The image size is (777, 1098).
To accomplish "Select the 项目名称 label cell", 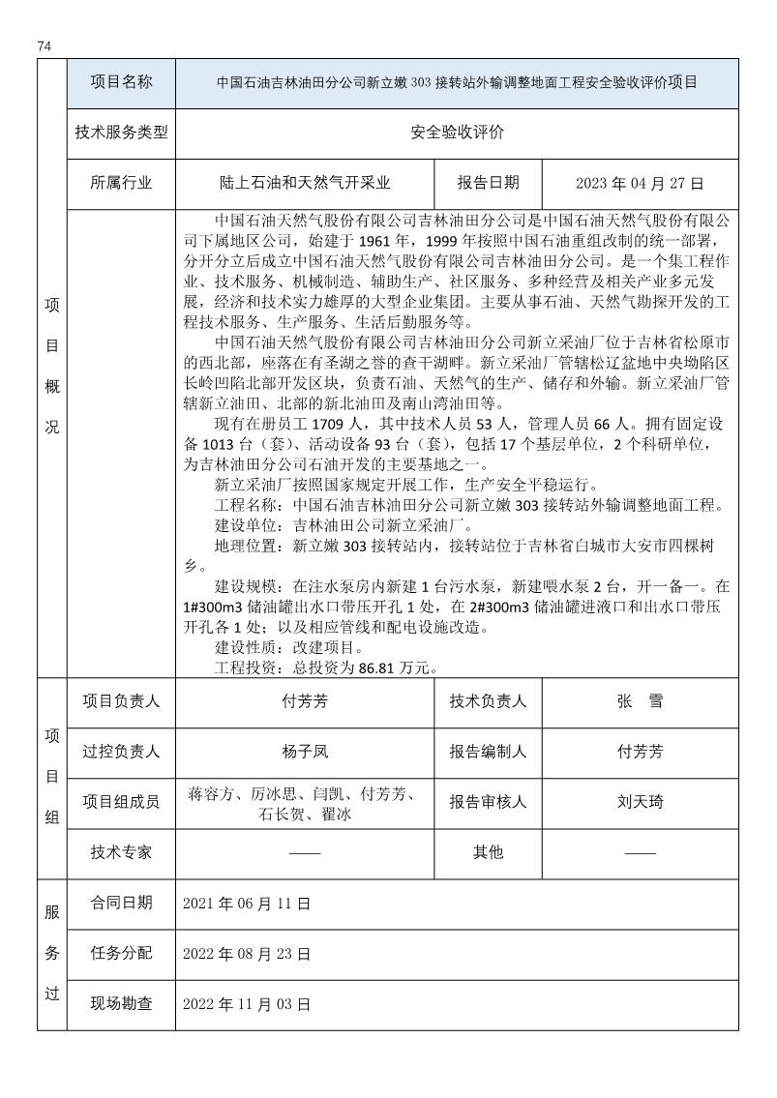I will click(x=121, y=82).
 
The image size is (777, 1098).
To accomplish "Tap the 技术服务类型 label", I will click(x=121, y=133).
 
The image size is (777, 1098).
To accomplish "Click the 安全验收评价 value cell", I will click(x=457, y=133).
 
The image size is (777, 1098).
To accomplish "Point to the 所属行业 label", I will click(x=121, y=183).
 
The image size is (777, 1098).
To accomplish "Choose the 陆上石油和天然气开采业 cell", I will click(x=306, y=183).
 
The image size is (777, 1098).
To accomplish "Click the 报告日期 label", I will click(x=488, y=183).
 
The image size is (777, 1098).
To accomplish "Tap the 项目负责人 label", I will click(x=121, y=702).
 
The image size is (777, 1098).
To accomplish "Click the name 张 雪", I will click(x=640, y=702).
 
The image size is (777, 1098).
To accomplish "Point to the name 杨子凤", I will click(x=306, y=752).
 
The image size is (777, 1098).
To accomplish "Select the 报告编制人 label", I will click(x=488, y=752).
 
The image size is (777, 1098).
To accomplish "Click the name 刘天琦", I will click(x=640, y=802).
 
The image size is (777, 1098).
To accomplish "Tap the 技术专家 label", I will click(x=121, y=852).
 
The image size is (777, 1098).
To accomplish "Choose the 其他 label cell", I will click(x=488, y=852).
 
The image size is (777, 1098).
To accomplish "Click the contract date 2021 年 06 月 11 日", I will click(x=247, y=904).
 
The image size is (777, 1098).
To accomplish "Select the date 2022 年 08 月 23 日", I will click(x=247, y=954).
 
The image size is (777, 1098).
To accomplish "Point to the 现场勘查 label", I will click(x=121, y=1004).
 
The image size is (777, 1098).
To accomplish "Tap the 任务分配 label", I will click(x=121, y=954).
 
